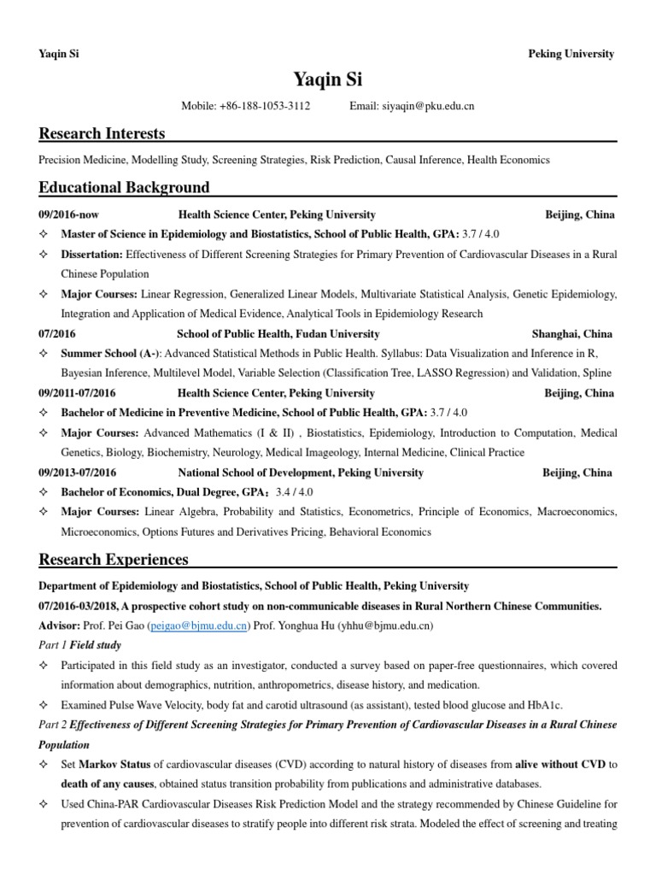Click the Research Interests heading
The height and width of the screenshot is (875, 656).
pyautogui.click(x=102, y=133)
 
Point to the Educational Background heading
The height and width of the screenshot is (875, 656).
pyautogui.click(x=124, y=187)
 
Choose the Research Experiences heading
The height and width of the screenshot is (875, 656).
pyautogui.click(x=114, y=560)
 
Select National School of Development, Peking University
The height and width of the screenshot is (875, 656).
pyautogui.click(x=301, y=473)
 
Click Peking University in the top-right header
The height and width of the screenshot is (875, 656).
pyautogui.click(x=571, y=54)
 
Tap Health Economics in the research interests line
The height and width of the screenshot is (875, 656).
pyautogui.click(x=509, y=160)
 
